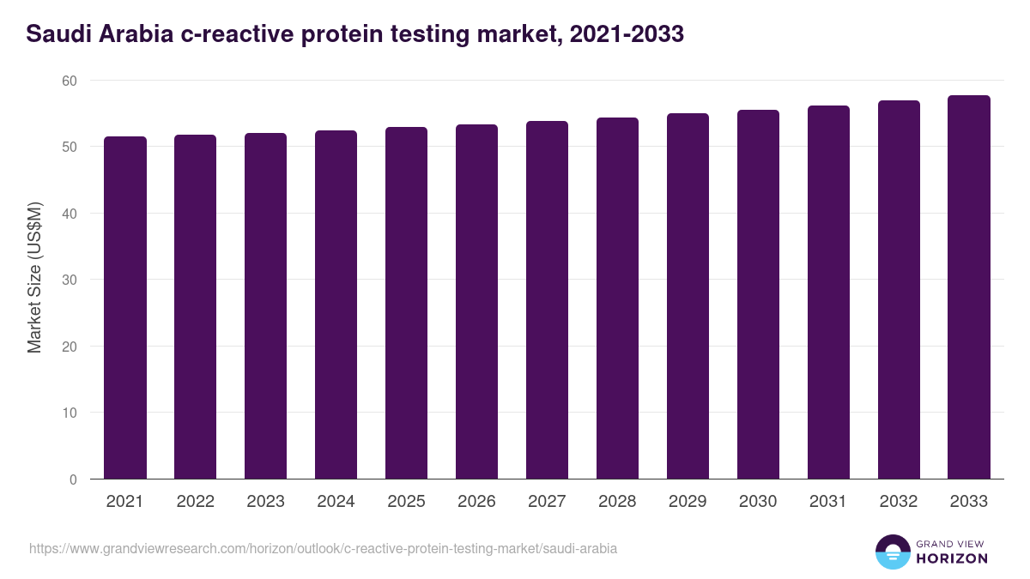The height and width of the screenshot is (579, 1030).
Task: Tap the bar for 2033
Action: coord(969,287)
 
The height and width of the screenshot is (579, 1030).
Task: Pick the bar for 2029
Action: coord(688,296)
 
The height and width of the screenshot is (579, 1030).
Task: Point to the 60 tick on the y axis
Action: coord(69,81)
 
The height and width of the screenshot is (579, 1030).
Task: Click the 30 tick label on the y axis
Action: coord(69,280)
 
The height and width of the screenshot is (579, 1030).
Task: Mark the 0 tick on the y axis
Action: coord(73,479)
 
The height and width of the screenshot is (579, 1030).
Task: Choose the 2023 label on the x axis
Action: coord(265,502)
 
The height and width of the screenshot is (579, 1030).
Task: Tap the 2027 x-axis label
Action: coord(547,502)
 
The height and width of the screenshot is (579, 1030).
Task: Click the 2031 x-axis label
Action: coord(828,502)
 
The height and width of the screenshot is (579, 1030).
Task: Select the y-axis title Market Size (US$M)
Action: coord(34,279)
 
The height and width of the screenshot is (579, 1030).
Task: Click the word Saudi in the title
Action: coord(56,34)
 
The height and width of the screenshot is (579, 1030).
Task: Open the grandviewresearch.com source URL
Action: coord(323,548)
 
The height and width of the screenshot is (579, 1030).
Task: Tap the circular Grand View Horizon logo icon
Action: coord(893,552)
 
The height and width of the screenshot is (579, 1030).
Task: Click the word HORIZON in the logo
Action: coord(951,558)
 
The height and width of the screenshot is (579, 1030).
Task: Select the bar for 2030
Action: coord(758,294)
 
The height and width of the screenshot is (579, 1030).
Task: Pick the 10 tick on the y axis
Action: coord(69,413)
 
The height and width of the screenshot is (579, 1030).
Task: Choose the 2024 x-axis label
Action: coord(336,502)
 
